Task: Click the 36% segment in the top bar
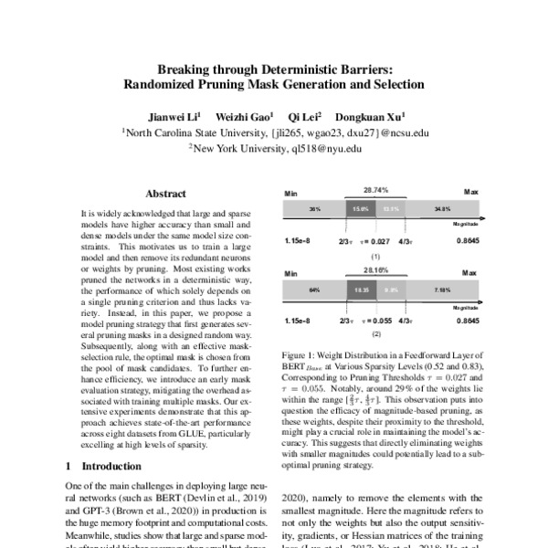tap(313, 209)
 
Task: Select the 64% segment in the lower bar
tap(313, 290)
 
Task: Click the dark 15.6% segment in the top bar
tap(362, 209)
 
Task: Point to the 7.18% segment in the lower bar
tap(444, 290)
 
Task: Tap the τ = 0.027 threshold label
tap(374, 241)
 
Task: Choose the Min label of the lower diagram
tap(291, 273)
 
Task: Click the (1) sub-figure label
tap(374, 257)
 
